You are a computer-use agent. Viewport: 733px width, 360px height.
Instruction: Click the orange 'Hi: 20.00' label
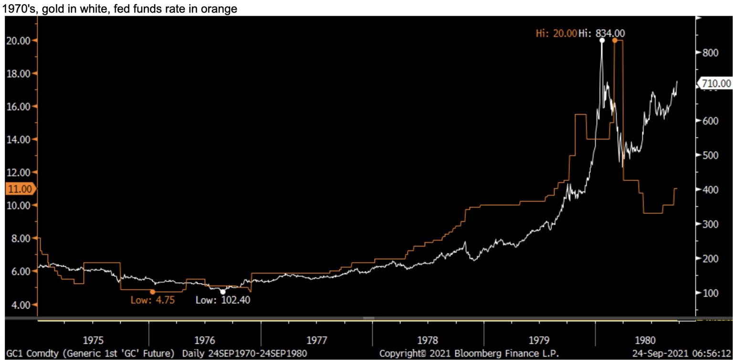point(555,33)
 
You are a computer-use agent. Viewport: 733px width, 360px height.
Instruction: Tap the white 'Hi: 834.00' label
point(601,33)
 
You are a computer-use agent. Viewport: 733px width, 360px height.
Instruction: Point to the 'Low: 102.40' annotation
point(223,300)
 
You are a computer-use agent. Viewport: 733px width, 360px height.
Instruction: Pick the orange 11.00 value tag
point(19,189)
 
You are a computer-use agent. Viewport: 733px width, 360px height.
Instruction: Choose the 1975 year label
point(94,340)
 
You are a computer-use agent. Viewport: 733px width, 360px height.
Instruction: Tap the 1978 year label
point(428,340)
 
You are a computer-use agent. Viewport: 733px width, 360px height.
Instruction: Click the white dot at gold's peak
point(602,41)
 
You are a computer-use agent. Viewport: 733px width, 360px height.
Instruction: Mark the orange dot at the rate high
point(615,41)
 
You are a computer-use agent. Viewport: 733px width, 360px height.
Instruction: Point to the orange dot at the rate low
point(153,291)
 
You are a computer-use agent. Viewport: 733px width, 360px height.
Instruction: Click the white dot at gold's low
point(222,291)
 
